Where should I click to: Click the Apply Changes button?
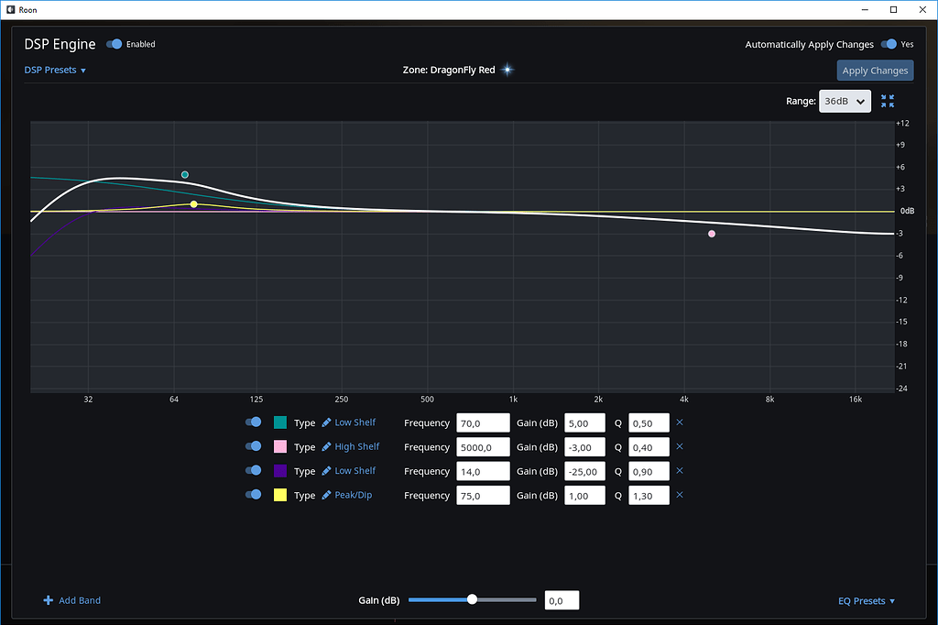(875, 71)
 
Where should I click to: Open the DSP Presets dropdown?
(55, 71)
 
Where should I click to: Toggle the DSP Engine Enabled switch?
(115, 44)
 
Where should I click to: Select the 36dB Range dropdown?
(844, 102)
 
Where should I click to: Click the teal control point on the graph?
(185, 175)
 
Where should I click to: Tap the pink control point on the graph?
(712, 234)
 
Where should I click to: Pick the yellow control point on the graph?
(194, 204)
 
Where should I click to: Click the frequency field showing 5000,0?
(482, 447)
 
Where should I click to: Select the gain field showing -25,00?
(584, 471)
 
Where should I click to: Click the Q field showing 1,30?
(649, 496)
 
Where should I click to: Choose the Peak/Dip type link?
(353, 496)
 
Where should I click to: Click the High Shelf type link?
(356, 447)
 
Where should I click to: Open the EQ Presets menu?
(866, 601)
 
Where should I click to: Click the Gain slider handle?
(473, 599)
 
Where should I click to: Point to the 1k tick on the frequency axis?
(513, 400)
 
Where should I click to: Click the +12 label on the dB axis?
(902, 123)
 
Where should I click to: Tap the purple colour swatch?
(280, 471)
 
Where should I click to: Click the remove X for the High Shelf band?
(680, 447)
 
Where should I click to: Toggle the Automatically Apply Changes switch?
(888, 44)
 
